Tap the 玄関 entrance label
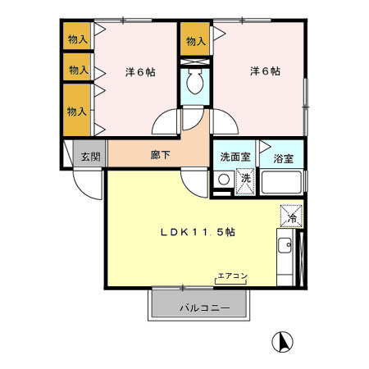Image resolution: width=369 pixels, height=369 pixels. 90,156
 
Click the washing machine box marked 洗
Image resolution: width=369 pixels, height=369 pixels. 244,179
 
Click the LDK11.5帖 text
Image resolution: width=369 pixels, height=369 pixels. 198,232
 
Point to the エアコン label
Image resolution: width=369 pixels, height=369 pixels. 233,275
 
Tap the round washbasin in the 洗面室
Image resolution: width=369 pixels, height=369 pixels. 223,180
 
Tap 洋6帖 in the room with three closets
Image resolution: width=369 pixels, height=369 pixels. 139,71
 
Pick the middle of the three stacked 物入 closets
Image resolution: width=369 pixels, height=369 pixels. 79,70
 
